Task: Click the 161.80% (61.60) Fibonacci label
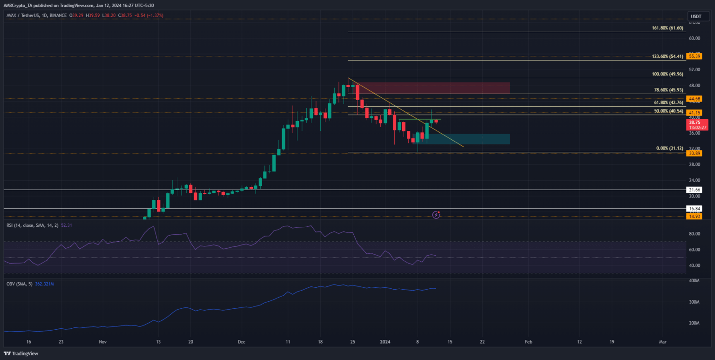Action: point(667,28)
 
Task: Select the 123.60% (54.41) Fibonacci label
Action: point(667,56)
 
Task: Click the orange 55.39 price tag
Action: point(695,56)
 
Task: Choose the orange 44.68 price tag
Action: point(695,99)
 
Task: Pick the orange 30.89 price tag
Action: point(695,153)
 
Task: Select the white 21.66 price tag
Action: point(695,190)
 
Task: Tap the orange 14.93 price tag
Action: point(695,217)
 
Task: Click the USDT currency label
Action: point(696,16)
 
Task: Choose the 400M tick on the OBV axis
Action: point(694,281)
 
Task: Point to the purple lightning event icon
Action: point(436,215)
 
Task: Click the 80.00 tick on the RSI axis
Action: point(694,234)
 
